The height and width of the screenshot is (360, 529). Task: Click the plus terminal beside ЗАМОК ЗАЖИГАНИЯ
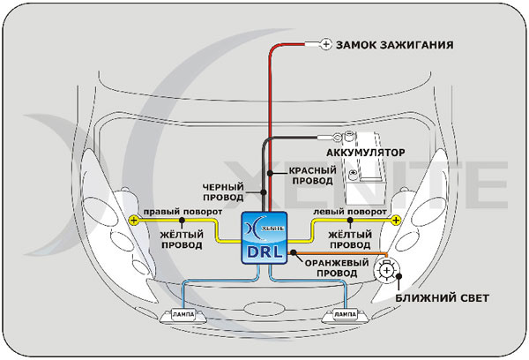[324, 43]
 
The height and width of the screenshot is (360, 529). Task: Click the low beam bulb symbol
[385, 271]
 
